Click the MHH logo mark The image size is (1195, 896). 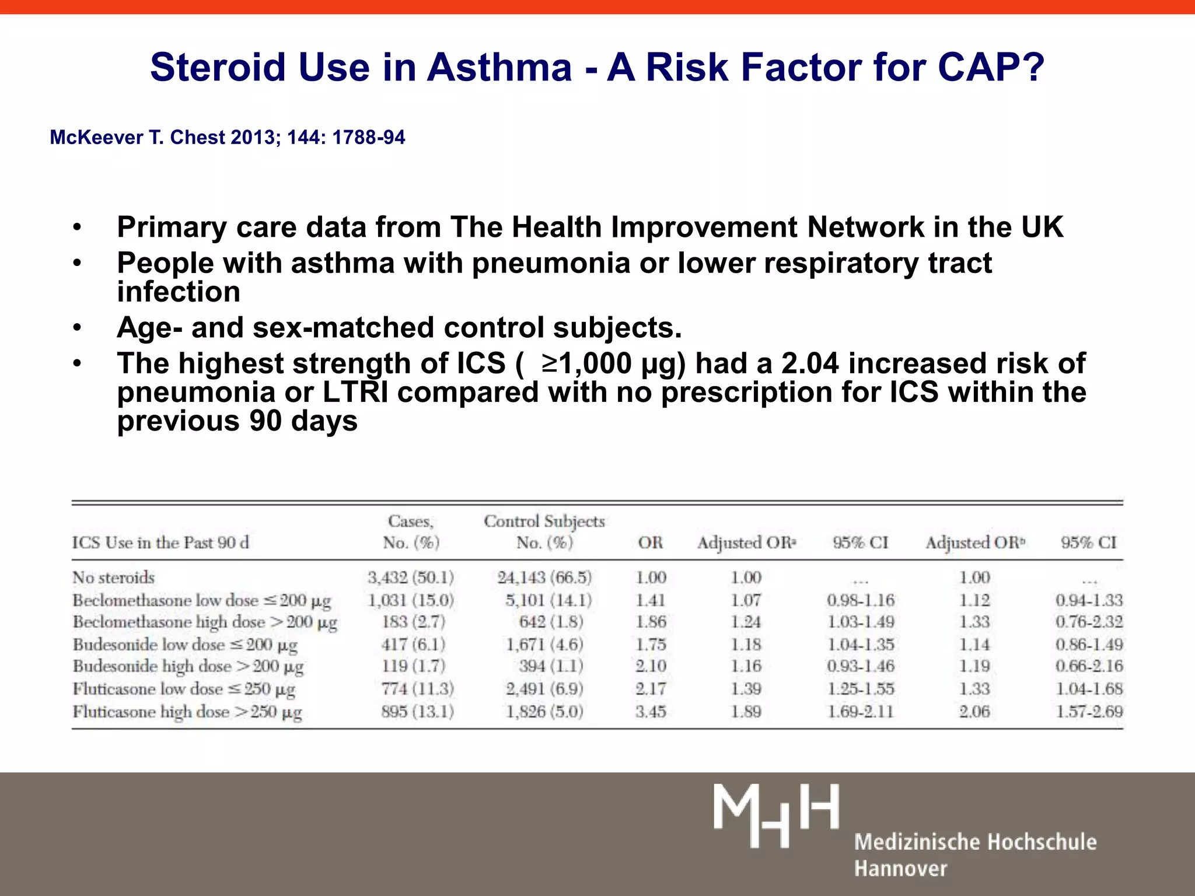point(776,815)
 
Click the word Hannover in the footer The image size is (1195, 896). point(900,869)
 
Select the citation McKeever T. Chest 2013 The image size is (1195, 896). point(227,137)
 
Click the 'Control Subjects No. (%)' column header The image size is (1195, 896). point(544,531)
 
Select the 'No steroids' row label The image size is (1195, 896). point(113,577)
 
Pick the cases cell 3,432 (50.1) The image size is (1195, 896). point(411,577)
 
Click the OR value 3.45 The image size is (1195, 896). point(651,712)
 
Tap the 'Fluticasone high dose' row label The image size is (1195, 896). point(187,712)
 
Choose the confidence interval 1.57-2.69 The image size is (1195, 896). point(1089,712)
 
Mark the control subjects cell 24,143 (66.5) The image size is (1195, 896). point(544,577)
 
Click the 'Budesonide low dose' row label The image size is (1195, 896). point(185,645)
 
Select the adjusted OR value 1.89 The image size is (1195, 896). point(746,712)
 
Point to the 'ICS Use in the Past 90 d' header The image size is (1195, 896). point(160,542)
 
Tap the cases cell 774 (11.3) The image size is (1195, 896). point(417,689)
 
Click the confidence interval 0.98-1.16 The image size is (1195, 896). point(861,600)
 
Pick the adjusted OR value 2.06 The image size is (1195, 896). point(974,712)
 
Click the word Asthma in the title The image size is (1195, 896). point(499,67)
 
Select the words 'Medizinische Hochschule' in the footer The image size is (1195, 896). point(975,842)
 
